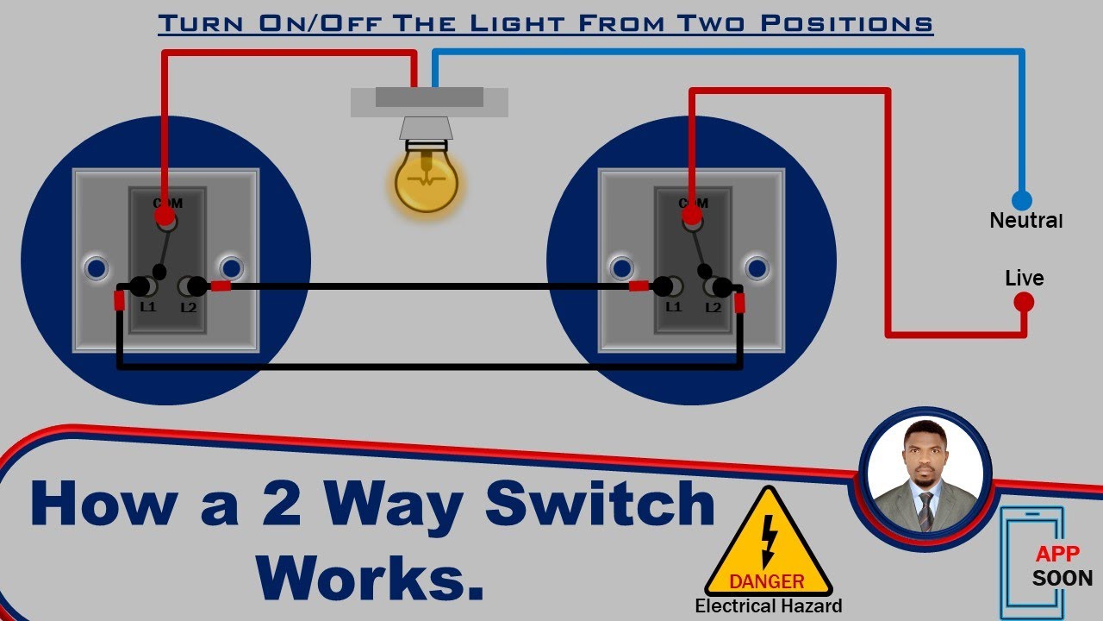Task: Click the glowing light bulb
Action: click(426, 179)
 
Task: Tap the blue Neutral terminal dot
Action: click(1021, 201)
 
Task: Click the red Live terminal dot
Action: click(1024, 302)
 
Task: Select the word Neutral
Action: click(1025, 221)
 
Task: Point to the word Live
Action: click(1024, 279)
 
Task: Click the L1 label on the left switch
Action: click(148, 306)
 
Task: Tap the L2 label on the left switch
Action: click(189, 306)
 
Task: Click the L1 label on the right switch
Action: click(673, 306)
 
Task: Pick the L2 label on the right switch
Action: click(714, 306)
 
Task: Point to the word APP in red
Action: click(1057, 554)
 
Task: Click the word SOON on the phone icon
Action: click(1062, 578)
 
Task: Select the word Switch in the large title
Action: click(601, 505)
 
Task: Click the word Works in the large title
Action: click(371, 576)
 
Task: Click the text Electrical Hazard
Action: click(769, 606)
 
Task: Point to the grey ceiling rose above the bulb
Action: click(429, 101)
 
